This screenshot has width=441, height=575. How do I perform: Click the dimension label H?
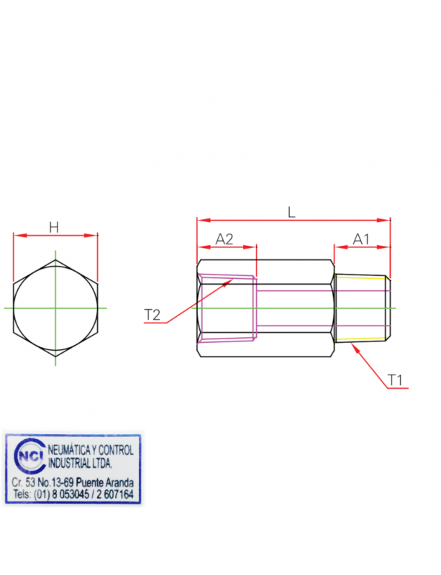(x=54, y=228)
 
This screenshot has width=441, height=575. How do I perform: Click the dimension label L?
(x=291, y=212)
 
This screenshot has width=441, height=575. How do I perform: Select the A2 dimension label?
(x=225, y=239)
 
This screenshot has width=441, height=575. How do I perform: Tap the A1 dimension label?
(x=361, y=239)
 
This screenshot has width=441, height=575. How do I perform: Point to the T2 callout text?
(x=153, y=315)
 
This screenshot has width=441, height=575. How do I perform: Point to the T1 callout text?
(x=396, y=379)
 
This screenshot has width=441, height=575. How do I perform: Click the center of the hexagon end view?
(x=55, y=308)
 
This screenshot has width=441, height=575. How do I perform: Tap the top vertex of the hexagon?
(x=55, y=257)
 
